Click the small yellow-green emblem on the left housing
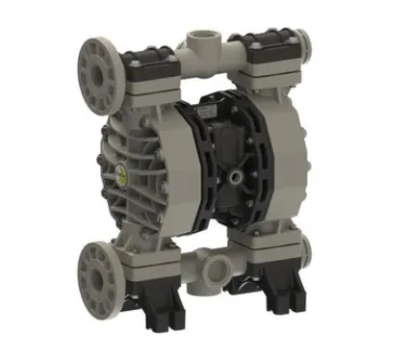(x=122, y=172)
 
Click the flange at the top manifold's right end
(x=309, y=42)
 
